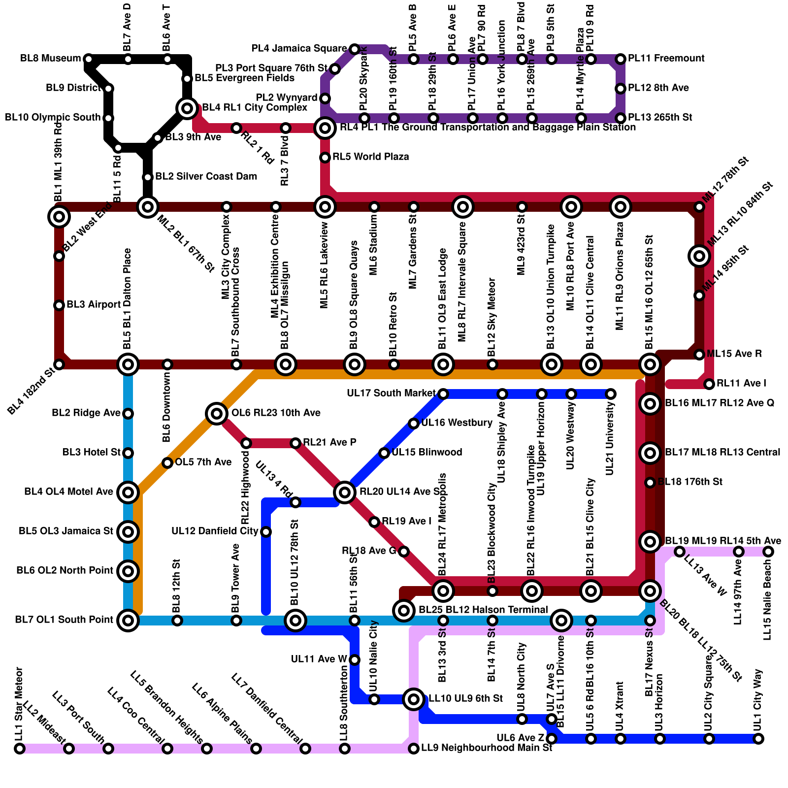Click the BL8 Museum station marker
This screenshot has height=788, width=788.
89,59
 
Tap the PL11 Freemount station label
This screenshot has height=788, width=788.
666,59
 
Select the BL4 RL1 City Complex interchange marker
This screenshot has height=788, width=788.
187,108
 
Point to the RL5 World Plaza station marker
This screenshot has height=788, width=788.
325,158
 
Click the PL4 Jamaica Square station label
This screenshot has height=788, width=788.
299,49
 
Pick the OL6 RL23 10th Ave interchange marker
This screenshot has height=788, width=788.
217,414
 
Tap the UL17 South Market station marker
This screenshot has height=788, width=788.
443,394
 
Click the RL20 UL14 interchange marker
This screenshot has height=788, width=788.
345,492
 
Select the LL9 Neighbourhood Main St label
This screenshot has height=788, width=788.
487,748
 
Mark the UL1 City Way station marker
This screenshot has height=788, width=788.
758,739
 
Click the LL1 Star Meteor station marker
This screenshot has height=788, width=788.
20,749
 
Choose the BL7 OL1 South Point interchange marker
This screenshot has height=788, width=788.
128,621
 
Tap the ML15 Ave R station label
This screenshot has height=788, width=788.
734,354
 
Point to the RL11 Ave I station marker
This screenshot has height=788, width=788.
709,384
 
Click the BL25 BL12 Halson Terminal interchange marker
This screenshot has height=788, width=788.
404,611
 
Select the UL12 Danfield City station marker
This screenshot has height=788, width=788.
266,532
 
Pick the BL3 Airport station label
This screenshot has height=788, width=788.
94,305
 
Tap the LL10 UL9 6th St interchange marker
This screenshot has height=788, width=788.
414,699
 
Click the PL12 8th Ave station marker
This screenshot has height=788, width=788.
621,89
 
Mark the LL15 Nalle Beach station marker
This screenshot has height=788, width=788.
768,552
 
